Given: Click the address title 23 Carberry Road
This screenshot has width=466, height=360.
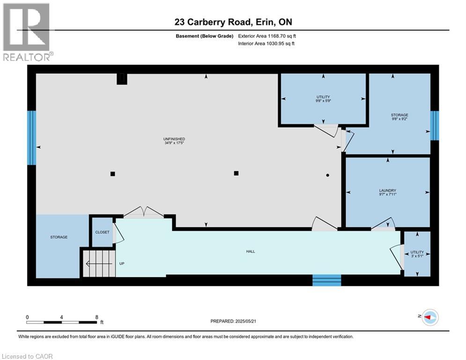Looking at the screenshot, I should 233,22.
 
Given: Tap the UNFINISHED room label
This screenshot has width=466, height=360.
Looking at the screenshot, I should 174,139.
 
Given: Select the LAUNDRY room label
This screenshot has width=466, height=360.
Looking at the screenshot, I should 388,190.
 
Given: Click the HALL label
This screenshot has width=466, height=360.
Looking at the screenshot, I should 251,252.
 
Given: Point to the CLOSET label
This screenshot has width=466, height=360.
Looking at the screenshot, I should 102,232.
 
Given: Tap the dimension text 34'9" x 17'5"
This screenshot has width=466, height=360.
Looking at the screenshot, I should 174,143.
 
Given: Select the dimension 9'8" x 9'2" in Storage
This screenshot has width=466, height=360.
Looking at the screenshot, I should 399,119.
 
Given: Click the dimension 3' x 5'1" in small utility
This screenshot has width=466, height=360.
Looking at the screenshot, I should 417,256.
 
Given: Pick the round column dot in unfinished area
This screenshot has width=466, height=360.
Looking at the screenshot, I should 328,175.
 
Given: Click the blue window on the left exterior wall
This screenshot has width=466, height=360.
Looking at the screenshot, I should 31,138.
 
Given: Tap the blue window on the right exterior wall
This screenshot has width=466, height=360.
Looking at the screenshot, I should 435,125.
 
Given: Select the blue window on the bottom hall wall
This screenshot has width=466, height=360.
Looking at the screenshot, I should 327,280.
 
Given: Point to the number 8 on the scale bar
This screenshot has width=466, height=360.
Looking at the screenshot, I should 96,317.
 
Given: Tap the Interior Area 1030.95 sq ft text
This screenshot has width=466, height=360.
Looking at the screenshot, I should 266,44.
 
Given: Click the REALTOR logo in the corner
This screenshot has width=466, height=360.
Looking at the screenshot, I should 27,32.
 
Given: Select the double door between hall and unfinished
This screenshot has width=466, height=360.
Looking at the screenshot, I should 143,213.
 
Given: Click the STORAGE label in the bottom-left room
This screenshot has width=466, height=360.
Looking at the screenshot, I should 59,237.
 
